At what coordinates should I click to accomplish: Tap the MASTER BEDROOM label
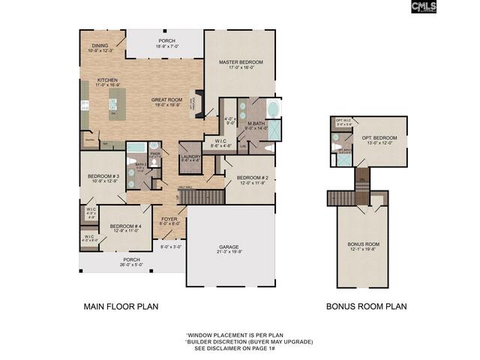(240, 61)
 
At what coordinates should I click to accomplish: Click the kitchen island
(117, 104)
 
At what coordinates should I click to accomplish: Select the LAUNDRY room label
(190, 155)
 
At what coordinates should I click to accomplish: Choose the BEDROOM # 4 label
(125, 226)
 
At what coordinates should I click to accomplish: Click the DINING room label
(100, 46)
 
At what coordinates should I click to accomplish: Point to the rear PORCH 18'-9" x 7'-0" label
(166, 41)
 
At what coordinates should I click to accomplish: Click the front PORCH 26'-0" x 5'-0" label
(131, 260)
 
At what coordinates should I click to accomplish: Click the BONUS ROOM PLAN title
(366, 306)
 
